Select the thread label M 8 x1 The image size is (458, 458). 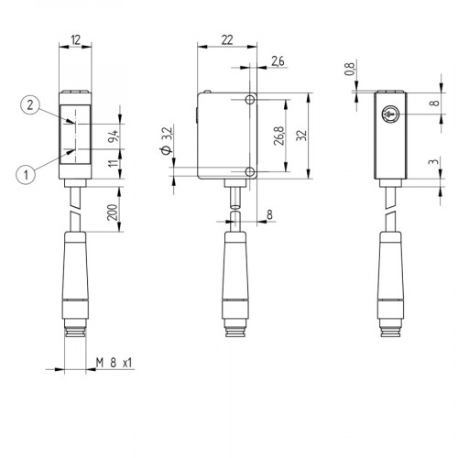[x=114, y=363]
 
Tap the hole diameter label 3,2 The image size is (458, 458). [x=166, y=142]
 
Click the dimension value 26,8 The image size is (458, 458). [x=278, y=135]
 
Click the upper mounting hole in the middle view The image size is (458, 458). [x=249, y=99]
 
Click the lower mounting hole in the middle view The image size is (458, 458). [x=249, y=171]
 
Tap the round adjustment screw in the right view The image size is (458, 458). [x=390, y=116]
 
